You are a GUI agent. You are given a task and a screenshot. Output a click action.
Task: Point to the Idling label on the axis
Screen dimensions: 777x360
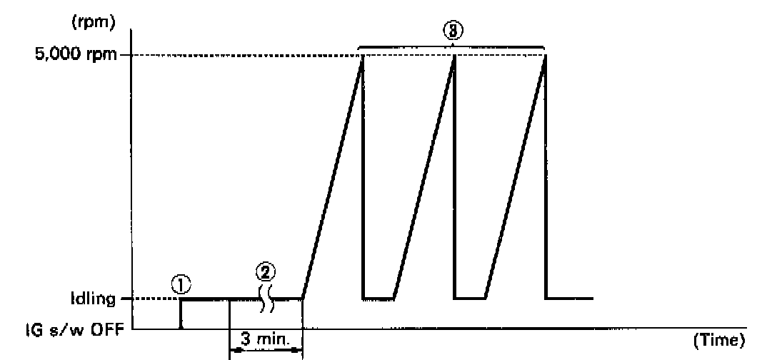coord(93,299)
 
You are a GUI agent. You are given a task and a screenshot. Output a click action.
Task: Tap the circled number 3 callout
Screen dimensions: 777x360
coord(453,32)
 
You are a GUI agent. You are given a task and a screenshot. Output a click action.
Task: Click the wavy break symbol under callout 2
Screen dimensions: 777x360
coord(266,299)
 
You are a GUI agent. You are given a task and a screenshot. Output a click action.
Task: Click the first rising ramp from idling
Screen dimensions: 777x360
coord(332,179)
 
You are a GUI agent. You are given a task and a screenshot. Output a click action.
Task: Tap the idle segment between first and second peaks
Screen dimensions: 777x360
coord(379,298)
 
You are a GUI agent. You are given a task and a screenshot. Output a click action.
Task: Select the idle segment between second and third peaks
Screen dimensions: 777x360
coord(470,298)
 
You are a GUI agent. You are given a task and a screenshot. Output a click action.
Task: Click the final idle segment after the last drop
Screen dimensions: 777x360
coord(569,298)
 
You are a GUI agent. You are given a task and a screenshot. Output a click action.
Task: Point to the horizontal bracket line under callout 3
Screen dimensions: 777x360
coord(407,47)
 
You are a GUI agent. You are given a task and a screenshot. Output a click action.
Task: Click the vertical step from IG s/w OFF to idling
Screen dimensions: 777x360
coord(180,314)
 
